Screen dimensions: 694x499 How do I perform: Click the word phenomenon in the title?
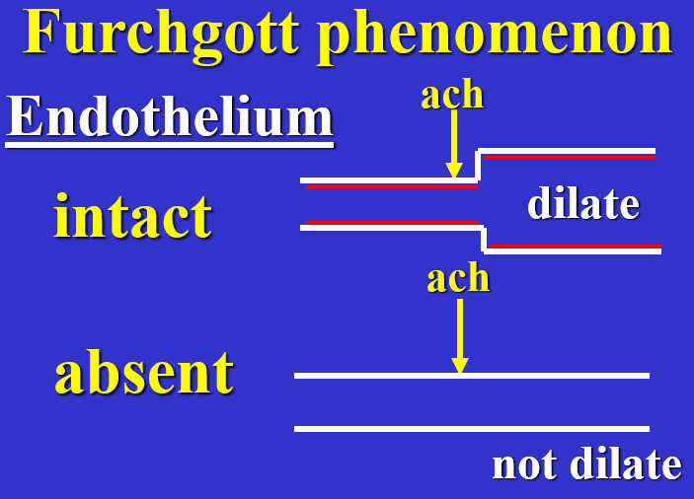(495, 35)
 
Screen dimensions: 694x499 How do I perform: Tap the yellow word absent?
(144, 372)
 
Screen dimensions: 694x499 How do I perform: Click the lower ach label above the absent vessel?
(458, 278)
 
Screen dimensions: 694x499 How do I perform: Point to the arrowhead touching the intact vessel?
(453, 171)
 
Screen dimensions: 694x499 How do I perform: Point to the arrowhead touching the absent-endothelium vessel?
(459, 365)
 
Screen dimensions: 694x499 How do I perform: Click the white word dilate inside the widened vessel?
(582, 203)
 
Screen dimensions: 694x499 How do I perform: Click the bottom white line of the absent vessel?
(472, 429)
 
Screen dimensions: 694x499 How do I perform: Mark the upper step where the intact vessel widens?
(479, 166)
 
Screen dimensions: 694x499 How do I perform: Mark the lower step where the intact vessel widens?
(484, 239)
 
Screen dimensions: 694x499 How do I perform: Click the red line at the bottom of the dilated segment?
(575, 245)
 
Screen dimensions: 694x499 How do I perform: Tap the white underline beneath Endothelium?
(170, 145)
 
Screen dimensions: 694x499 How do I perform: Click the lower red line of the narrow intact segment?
(391, 223)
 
